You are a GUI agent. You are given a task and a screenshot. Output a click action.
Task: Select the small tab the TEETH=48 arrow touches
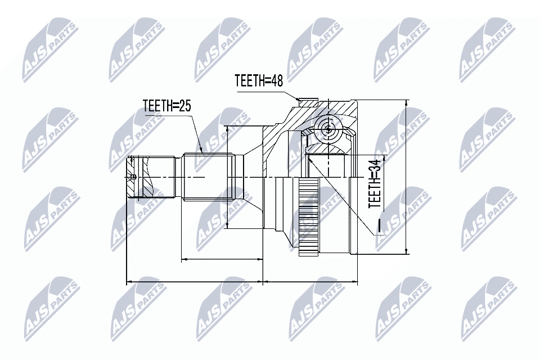pos(308,102)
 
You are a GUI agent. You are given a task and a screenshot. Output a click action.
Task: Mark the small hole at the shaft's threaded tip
pos(133,177)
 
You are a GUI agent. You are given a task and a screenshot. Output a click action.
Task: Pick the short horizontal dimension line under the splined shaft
pos(222,259)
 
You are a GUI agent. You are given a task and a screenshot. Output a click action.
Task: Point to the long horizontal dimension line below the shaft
pos(195,280)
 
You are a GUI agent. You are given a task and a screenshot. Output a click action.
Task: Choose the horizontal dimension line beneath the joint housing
pos(310,280)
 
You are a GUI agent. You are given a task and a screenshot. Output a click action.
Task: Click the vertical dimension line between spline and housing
pos(227,177)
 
